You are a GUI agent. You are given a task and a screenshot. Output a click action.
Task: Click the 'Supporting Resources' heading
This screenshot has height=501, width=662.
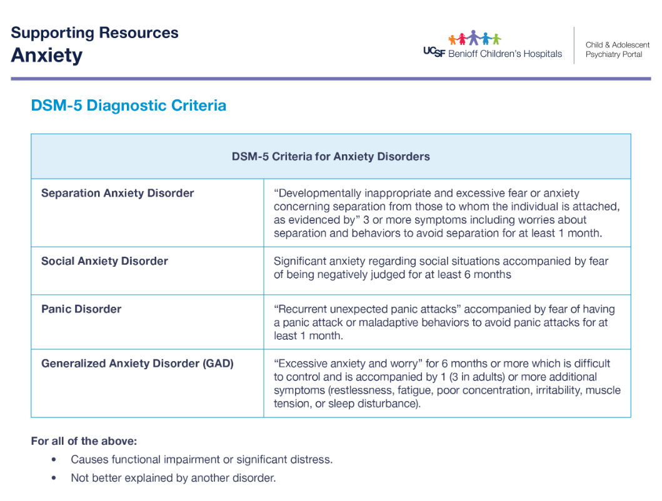[x=94, y=33]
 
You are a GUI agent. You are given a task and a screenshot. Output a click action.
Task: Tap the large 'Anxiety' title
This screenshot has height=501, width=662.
[x=46, y=56]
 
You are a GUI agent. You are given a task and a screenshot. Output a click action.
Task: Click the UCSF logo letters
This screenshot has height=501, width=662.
[x=434, y=53]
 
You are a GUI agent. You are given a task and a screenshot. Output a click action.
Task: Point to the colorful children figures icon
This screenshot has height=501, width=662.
[x=474, y=38]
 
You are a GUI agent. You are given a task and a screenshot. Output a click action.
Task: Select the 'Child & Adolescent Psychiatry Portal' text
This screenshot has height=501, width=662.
[x=617, y=49]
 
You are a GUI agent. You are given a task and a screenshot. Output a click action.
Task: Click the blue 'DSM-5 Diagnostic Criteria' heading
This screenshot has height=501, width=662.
[x=128, y=106]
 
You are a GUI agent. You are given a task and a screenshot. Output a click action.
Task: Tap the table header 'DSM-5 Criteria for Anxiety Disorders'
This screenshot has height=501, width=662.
[x=331, y=156]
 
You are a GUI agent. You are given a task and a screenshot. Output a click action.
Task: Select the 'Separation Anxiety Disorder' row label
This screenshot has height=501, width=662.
[x=118, y=193]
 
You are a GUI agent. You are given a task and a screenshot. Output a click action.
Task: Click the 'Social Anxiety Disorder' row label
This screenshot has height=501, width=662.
[x=104, y=261]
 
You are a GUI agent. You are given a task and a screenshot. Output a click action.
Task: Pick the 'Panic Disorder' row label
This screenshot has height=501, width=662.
[x=81, y=309]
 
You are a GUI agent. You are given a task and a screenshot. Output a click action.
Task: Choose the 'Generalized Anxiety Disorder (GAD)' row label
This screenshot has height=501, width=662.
[x=137, y=363]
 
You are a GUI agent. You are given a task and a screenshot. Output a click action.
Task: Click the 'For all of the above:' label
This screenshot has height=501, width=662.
[x=84, y=441]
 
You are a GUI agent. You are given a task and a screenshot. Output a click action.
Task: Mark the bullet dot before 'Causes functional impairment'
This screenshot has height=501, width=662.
[x=54, y=460]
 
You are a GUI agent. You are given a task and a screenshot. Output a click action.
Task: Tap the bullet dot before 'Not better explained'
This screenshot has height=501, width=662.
[x=54, y=479]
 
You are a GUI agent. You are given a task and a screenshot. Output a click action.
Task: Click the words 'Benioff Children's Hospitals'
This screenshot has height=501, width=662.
[x=505, y=54]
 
